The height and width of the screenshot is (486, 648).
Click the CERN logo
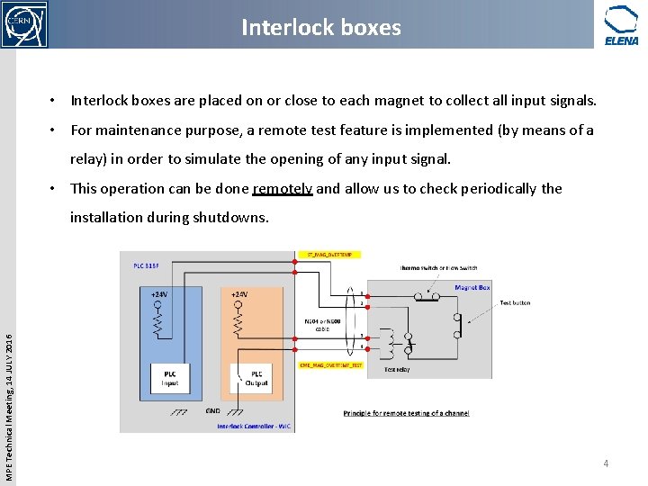[24, 24]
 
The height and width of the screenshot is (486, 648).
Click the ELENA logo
[621, 24]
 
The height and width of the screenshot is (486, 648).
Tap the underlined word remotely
[283, 188]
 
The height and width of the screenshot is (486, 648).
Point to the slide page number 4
[606, 463]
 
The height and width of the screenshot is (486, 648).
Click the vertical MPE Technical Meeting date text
[7, 393]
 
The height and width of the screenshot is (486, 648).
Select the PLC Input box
[169, 377]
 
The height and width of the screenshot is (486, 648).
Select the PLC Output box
[256, 377]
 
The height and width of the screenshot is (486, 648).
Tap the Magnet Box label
[472, 288]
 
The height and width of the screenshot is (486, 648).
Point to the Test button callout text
[515, 303]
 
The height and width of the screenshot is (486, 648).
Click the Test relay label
[398, 369]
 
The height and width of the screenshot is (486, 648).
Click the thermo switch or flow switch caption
[438, 267]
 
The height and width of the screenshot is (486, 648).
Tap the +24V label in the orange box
[239, 294]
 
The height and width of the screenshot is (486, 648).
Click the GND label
[212, 410]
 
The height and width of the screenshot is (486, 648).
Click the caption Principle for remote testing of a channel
[406, 413]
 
